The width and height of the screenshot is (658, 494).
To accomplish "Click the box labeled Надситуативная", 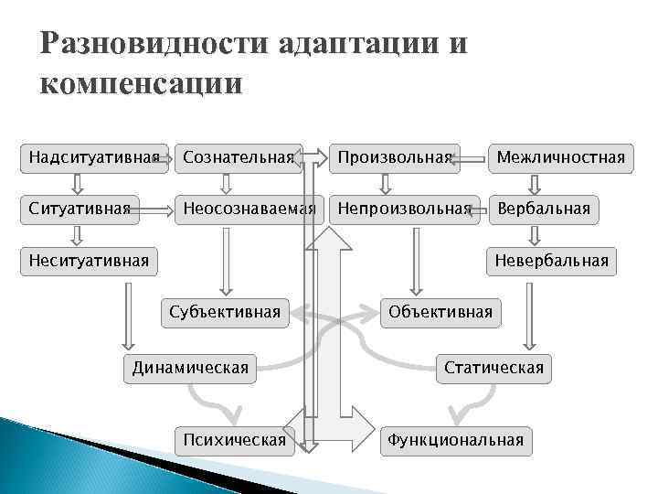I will click(88, 157).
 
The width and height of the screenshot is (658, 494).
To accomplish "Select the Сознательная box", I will click(239, 157).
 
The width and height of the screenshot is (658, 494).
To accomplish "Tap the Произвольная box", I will click(395, 157).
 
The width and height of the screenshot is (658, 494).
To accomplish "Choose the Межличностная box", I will click(560, 157).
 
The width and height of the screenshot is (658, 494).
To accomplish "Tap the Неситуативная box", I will click(88, 261).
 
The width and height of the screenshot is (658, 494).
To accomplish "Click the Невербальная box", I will click(551, 261).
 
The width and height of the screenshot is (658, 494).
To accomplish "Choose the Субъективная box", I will click(225, 312).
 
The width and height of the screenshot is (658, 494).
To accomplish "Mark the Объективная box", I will click(440, 312).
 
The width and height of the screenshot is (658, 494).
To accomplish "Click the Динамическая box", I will click(190, 368).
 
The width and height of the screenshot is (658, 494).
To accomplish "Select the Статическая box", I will click(493, 368).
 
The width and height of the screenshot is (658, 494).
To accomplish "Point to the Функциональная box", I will click(455, 440).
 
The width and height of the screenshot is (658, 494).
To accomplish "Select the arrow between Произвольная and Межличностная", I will click(472, 158).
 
